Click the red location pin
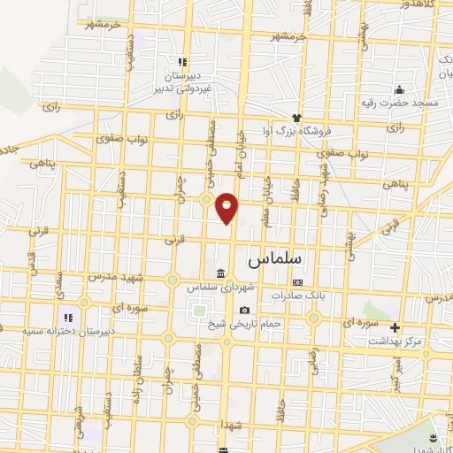point(227,207)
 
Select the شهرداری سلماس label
point(219,287)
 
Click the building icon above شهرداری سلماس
point(220,272)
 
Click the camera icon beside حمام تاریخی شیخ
point(244,310)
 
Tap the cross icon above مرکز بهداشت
point(396,326)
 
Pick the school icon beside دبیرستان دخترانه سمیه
point(66,317)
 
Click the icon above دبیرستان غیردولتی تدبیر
point(180,62)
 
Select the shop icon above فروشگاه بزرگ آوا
point(297,117)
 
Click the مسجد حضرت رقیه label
point(399,104)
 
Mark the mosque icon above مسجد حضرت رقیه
point(400,89)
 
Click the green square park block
point(196,310)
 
